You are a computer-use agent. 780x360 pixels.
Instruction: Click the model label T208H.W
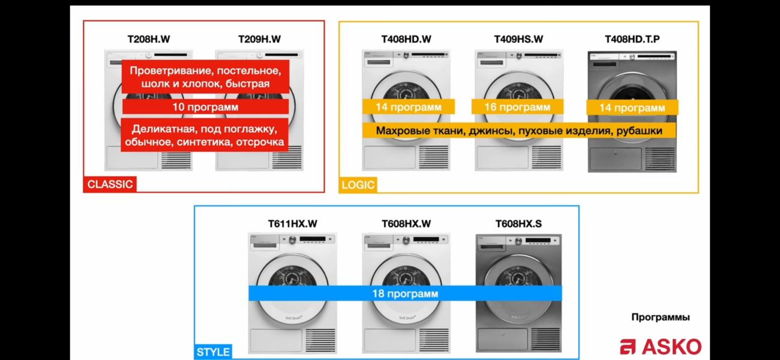(x=149, y=39)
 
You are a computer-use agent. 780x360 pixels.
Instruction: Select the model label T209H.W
(x=259, y=39)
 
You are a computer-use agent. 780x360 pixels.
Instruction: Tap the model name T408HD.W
(x=406, y=39)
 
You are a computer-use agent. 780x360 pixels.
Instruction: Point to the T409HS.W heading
(x=518, y=39)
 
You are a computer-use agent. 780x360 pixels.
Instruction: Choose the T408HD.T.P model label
(x=632, y=39)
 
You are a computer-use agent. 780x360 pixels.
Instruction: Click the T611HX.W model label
(x=293, y=224)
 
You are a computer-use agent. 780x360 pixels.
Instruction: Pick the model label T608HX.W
(x=406, y=224)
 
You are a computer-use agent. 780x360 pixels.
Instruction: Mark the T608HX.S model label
(x=518, y=224)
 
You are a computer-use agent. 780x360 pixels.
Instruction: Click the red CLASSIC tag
(x=110, y=184)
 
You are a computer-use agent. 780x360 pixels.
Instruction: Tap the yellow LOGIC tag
(x=358, y=185)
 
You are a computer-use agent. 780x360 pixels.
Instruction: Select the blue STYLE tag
(x=213, y=352)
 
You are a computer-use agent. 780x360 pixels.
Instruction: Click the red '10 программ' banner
(x=205, y=107)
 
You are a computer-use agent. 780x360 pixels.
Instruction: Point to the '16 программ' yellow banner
(x=517, y=107)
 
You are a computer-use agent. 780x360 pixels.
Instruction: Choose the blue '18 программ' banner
(x=405, y=293)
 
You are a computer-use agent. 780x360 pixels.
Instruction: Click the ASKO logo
(x=661, y=346)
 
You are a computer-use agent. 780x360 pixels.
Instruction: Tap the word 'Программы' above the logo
(x=661, y=317)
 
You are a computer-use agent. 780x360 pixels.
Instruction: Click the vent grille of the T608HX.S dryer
(x=545, y=340)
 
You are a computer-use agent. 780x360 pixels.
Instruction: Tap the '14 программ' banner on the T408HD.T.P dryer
(x=632, y=107)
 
